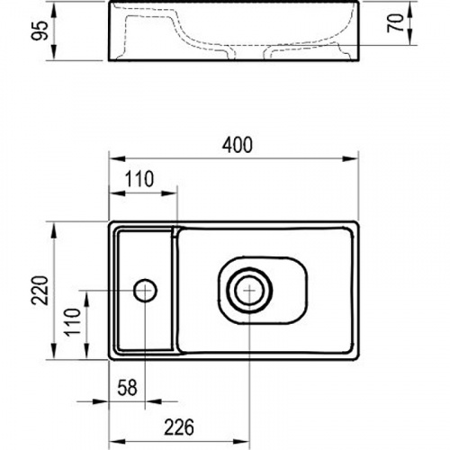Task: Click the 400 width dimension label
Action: tap(238, 145)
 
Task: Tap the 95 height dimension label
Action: tap(40, 31)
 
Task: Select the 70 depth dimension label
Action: tap(395, 23)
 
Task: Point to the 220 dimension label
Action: tap(40, 291)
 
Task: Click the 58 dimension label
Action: tap(128, 388)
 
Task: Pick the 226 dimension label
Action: tap(179, 427)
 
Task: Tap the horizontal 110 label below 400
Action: tap(139, 179)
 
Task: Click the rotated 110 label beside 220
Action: tap(73, 322)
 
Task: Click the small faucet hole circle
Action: tap(145, 291)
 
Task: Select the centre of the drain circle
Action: tap(249, 291)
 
